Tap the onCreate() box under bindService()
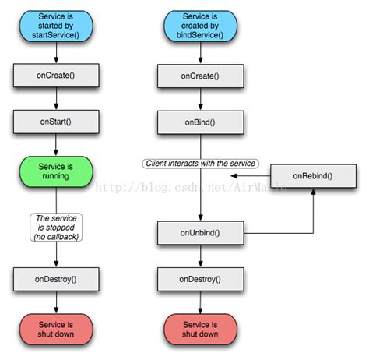pyautogui.click(x=201, y=76)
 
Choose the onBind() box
pyautogui.click(x=201, y=122)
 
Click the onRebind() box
pyautogui.click(x=312, y=176)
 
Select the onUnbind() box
pyautogui.click(x=201, y=232)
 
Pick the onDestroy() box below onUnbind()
pyautogui.click(x=201, y=278)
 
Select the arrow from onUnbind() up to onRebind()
pyautogui.click(x=312, y=214)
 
